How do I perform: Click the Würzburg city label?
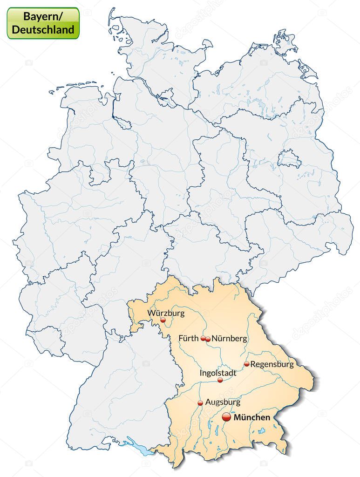click(166, 313)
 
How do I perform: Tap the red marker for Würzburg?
click(163, 320)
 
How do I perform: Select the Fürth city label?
click(189, 338)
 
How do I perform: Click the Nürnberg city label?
click(229, 339)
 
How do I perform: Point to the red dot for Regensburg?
click(246, 364)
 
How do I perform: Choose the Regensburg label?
click(272, 364)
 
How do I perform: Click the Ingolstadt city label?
click(218, 373)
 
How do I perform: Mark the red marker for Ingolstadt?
click(220, 380)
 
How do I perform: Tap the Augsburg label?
click(223, 402)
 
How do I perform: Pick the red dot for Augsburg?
click(200, 403)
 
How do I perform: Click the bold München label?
click(251, 417)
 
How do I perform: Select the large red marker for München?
click(226, 417)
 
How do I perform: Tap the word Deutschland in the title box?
click(43, 29)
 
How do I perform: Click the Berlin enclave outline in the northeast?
click(290, 159)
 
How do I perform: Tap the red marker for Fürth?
click(203, 339)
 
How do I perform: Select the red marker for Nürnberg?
click(208, 339)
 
